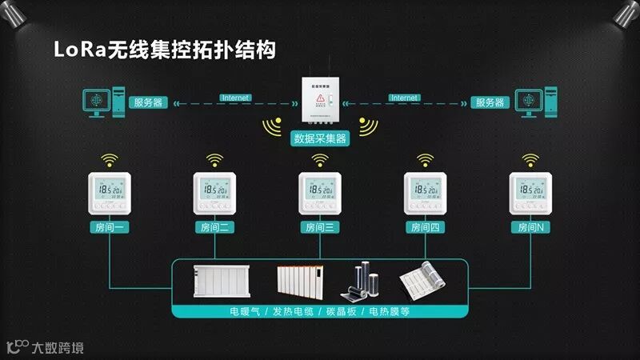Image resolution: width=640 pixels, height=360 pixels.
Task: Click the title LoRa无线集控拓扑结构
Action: point(164,50)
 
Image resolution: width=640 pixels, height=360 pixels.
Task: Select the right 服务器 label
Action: point(490,102)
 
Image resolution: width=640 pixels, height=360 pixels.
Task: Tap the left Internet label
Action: point(235,98)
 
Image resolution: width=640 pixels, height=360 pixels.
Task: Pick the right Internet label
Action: point(405,98)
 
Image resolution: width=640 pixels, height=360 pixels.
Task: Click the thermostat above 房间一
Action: point(110,194)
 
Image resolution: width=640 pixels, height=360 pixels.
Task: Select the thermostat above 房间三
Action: point(319,194)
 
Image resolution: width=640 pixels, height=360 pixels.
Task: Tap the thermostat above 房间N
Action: point(530,194)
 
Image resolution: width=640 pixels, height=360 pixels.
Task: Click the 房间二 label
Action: point(214,228)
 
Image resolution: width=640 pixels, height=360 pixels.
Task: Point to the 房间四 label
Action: point(425,228)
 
